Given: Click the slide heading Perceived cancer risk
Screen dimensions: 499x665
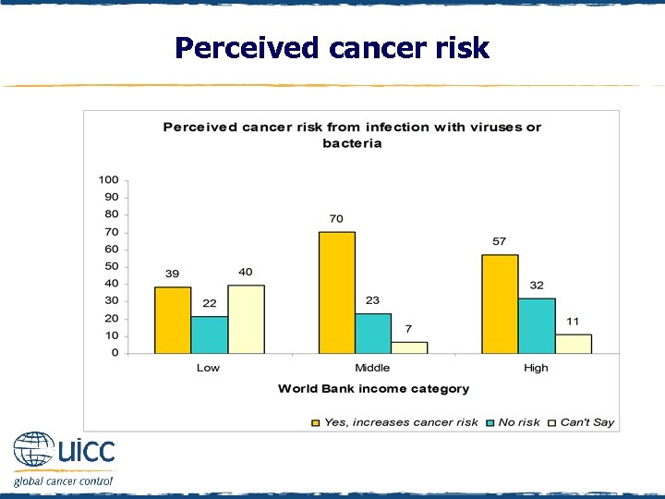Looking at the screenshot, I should pyautogui.click(x=332, y=47).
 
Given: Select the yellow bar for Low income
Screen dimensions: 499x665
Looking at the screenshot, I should pyautogui.click(x=173, y=320).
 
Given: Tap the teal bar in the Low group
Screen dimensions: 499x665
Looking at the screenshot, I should pyautogui.click(x=209, y=334).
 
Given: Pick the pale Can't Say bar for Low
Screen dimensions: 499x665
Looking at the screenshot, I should pyautogui.click(x=246, y=319).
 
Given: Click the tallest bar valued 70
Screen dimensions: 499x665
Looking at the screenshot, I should pyautogui.click(x=337, y=292).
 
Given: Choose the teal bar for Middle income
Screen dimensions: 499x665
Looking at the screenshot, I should pyautogui.click(x=373, y=333).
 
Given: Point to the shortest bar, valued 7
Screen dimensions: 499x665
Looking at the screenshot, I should pyautogui.click(x=409, y=347).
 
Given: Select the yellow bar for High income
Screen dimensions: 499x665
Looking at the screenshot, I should pyautogui.click(x=500, y=303).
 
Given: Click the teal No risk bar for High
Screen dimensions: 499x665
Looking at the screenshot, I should pyautogui.click(x=537, y=325).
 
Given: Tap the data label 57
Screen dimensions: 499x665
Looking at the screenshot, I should pyautogui.click(x=500, y=241).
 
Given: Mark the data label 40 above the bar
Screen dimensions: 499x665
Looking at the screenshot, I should pyautogui.click(x=246, y=272).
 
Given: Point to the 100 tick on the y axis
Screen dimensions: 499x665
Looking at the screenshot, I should pyautogui.click(x=108, y=179).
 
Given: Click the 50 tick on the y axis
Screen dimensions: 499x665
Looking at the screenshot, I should pyautogui.click(x=111, y=266).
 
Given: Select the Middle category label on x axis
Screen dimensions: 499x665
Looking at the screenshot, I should pyautogui.click(x=373, y=368).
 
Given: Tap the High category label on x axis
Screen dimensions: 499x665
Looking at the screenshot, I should pyautogui.click(x=536, y=368).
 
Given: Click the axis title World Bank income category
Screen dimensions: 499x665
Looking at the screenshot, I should pyautogui.click(x=373, y=389).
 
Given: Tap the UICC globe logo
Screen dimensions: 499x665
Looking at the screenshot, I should pyautogui.click(x=34, y=450).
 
